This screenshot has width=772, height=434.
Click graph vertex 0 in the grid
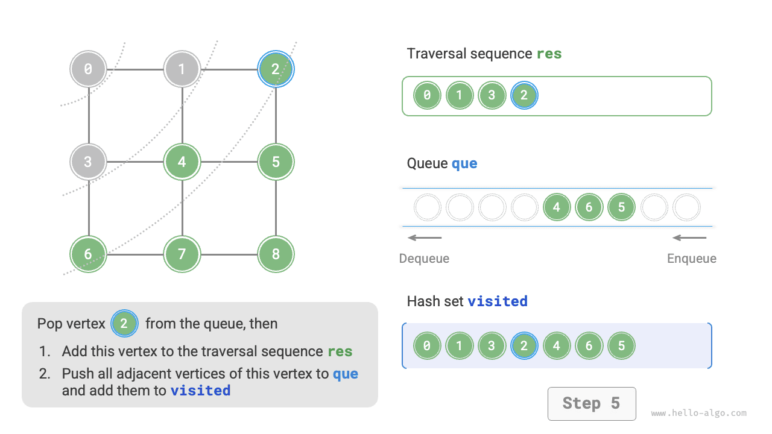tap(88, 69)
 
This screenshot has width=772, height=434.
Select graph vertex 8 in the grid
tap(276, 254)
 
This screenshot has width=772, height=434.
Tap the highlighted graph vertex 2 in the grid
tap(276, 69)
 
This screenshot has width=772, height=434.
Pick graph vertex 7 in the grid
tap(182, 254)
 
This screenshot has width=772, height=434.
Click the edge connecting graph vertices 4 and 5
tap(229, 162)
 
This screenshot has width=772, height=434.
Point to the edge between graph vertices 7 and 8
tap(229, 254)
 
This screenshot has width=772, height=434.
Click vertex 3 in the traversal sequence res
tap(492, 95)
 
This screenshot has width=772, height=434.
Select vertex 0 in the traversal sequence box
tap(427, 95)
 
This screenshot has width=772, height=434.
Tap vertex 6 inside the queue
tap(589, 207)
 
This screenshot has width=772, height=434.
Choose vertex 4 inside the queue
tap(556, 207)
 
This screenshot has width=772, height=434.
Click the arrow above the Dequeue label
tap(425, 237)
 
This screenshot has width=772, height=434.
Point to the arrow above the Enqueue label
tap(689, 237)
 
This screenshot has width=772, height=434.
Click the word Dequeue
tap(424, 259)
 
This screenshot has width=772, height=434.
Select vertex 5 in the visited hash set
tap(621, 346)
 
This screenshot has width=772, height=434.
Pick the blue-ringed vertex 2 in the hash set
tap(524, 346)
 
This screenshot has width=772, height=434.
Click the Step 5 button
tap(591, 403)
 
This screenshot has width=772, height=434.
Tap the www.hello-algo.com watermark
tap(698, 414)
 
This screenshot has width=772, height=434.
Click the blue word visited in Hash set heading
tap(498, 301)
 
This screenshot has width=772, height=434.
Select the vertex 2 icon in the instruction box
tap(124, 324)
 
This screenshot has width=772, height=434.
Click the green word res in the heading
tap(549, 54)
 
